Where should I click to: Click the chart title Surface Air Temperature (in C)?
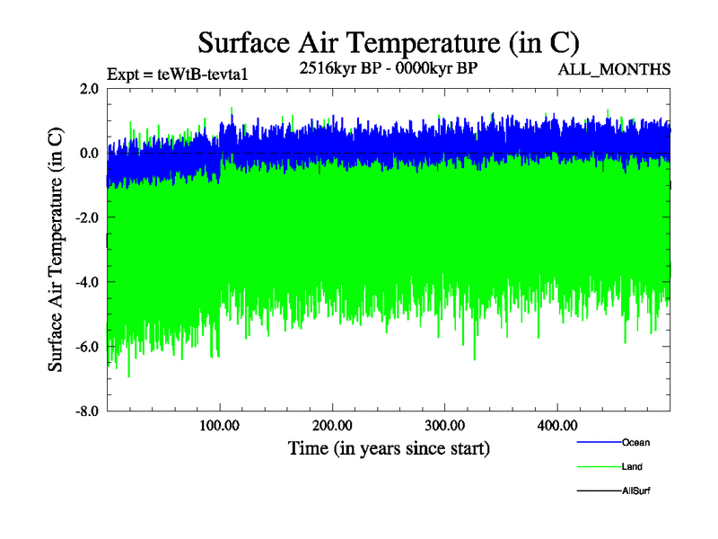(389, 42)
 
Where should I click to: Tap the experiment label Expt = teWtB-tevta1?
(177, 74)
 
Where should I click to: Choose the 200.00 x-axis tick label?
(332, 425)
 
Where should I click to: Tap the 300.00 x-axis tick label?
(444, 425)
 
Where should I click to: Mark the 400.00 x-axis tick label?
(556, 425)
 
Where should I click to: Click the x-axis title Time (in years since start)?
(389, 447)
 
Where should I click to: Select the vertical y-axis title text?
(56, 250)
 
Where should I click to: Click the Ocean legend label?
(635, 442)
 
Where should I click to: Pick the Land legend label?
(632, 467)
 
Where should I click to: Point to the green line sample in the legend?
(597, 467)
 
